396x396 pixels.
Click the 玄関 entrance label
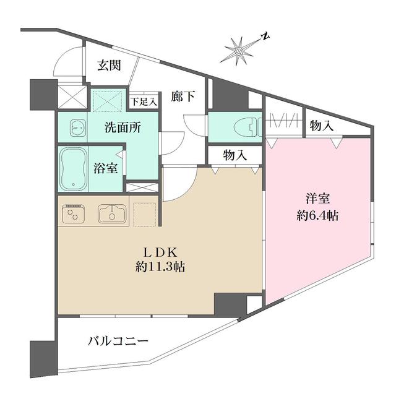point(109,66)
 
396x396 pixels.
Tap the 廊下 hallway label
point(183,96)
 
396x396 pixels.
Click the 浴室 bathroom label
point(106,168)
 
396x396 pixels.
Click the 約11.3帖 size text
point(161,268)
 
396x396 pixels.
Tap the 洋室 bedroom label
point(317,200)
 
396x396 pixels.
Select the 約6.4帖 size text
point(317,216)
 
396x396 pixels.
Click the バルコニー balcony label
point(118,341)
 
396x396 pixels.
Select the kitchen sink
point(113,213)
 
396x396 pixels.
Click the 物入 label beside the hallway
point(235,155)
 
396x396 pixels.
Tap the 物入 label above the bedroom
point(322,126)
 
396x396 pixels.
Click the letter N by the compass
point(264,37)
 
